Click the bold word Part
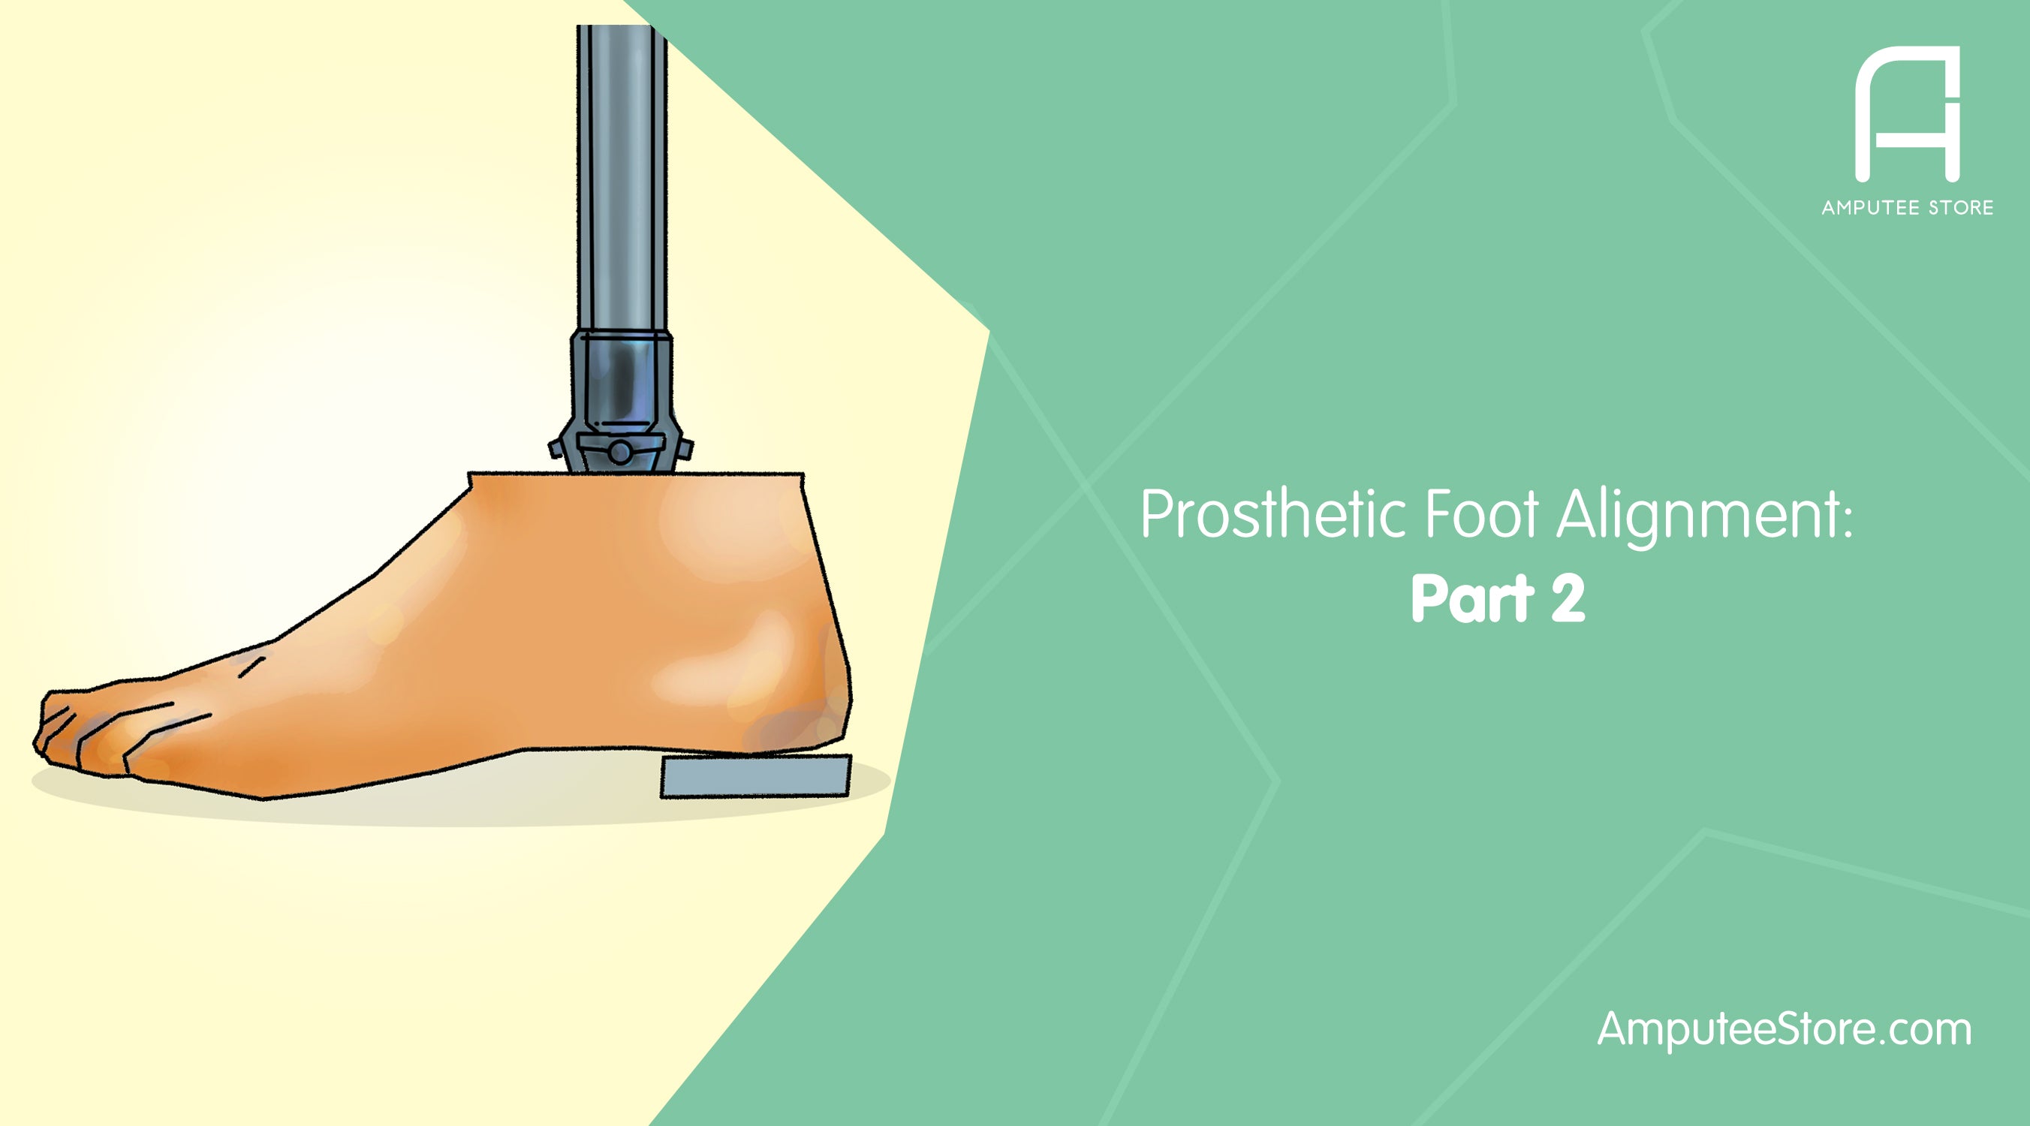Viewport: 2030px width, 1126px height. coord(1472,600)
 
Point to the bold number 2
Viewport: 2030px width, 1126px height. coord(1568,600)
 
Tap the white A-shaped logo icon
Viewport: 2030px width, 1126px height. coord(1907,114)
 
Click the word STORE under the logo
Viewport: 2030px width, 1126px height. coord(1961,208)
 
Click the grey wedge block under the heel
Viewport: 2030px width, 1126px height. coord(755,776)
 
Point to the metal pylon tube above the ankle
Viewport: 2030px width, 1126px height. coord(622,173)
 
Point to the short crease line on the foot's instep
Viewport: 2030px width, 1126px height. coord(251,667)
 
